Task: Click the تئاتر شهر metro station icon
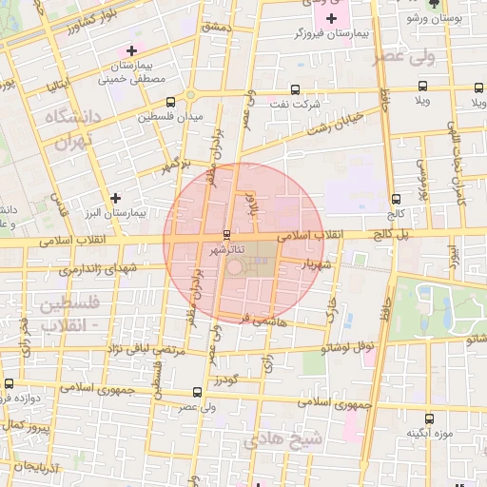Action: click(226, 234)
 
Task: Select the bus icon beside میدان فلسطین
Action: click(170, 102)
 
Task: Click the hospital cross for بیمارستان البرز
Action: click(115, 198)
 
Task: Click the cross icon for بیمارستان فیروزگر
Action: click(331, 18)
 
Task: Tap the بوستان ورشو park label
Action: click(433, 18)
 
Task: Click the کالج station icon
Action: click(396, 199)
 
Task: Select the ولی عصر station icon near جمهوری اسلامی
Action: click(197, 391)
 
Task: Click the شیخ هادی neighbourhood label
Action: click(283, 439)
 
